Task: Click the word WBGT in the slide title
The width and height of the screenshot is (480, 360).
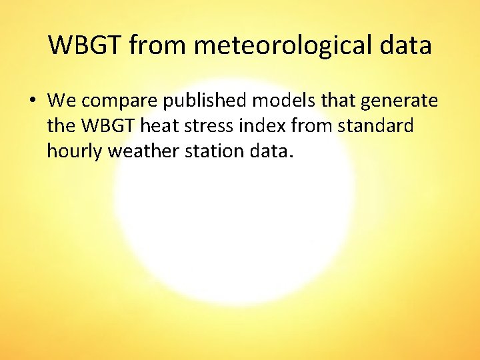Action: tap(86, 45)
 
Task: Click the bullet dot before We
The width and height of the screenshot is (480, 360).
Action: tap(32, 101)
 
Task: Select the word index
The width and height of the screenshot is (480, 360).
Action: tap(261, 126)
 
